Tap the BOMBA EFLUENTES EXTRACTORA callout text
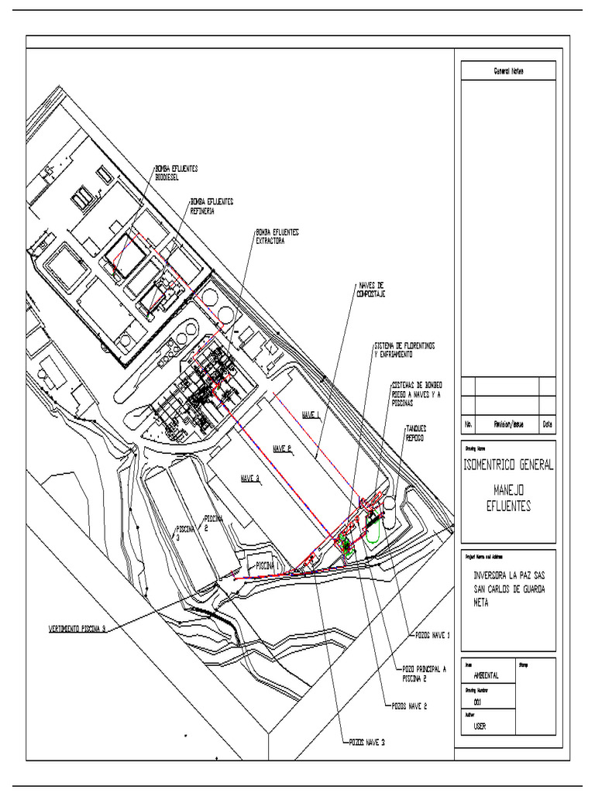[x=277, y=235]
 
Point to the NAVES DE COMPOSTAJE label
[x=371, y=289]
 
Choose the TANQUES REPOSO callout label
[x=416, y=432]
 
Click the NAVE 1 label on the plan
[x=311, y=416]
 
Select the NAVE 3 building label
[x=249, y=478]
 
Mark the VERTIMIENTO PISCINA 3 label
[x=72, y=630]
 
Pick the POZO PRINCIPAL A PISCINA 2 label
[x=424, y=672]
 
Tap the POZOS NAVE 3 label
[x=366, y=741]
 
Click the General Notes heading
[x=508, y=70]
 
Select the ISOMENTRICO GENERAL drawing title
[x=508, y=465]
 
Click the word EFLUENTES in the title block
[x=508, y=504]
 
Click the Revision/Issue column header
[x=507, y=424]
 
